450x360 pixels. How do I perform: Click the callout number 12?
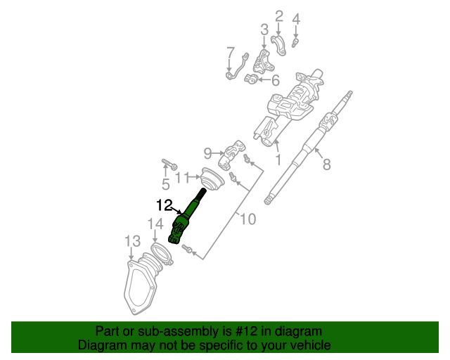[164, 205]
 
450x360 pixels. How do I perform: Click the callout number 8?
[326, 165]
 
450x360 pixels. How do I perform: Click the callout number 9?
[207, 153]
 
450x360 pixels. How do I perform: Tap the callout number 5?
[166, 185]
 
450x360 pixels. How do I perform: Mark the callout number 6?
[275, 80]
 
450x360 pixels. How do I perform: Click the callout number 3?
[264, 30]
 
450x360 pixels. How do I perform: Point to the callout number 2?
[278, 15]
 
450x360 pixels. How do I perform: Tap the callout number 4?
[296, 19]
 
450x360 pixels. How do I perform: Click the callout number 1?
[278, 160]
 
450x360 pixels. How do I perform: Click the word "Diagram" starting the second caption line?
[99, 345]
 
